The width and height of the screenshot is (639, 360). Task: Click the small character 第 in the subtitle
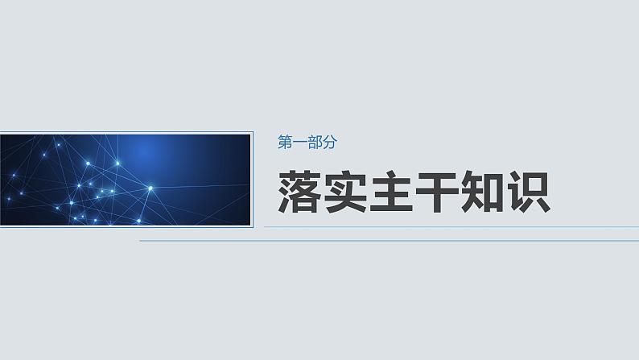(x=284, y=143)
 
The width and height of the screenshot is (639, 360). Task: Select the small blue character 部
(x=314, y=143)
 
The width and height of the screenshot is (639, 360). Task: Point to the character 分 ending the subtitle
(x=328, y=143)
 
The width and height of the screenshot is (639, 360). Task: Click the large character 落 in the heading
(x=300, y=192)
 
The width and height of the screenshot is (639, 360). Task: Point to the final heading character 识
(x=529, y=192)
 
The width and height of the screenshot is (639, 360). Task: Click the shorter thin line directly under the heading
(x=451, y=227)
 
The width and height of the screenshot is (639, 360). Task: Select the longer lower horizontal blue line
(x=386, y=240)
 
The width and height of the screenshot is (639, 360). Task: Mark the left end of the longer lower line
(x=142, y=240)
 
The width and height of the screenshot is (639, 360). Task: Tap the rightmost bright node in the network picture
(x=150, y=188)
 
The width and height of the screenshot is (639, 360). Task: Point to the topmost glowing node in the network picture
(x=59, y=144)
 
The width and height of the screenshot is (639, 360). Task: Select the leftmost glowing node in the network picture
(x=9, y=198)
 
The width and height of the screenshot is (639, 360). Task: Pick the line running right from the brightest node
(x=201, y=186)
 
